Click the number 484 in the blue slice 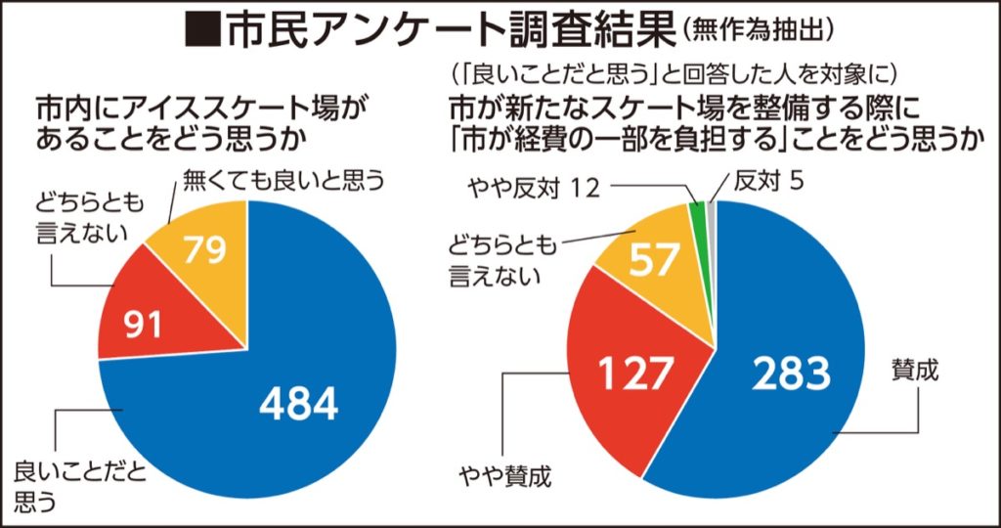coord(298,400)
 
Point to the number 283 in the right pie coord(791,373)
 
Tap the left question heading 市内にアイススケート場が coord(205,106)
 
